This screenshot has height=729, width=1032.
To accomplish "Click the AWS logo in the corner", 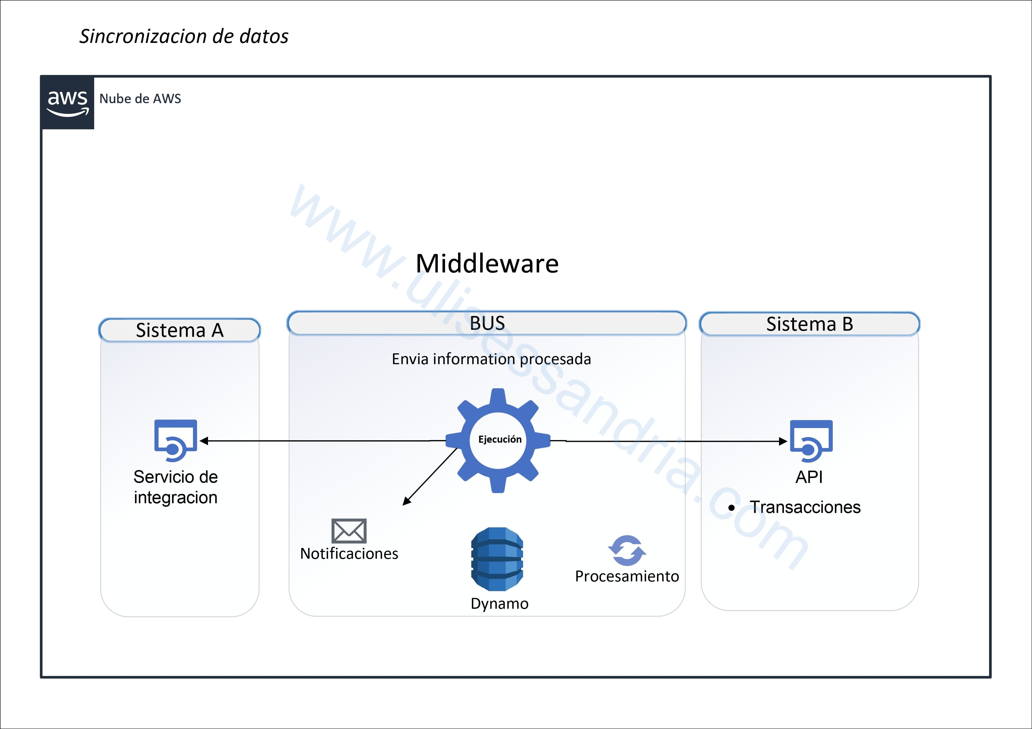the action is click(67, 102).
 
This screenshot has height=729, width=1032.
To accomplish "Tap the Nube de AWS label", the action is click(140, 99).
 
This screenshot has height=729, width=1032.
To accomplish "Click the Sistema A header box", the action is click(180, 330).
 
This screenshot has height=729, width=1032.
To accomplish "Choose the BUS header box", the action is click(487, 323).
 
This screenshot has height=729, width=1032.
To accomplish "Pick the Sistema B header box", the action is click(810, 324).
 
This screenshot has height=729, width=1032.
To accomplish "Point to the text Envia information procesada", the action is click(491, 359).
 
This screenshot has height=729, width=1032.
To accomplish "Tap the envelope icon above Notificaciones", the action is click(349, 531).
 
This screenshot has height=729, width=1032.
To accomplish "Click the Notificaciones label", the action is click(349, 554).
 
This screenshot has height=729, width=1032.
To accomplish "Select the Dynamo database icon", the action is click(497, 559).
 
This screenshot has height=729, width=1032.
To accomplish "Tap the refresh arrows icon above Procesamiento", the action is click(627, 550).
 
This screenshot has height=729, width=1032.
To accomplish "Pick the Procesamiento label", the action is click(627, 576).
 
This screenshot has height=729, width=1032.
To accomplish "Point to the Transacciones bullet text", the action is click(805, 507).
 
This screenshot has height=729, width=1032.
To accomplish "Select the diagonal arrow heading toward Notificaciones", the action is click(430, 476).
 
